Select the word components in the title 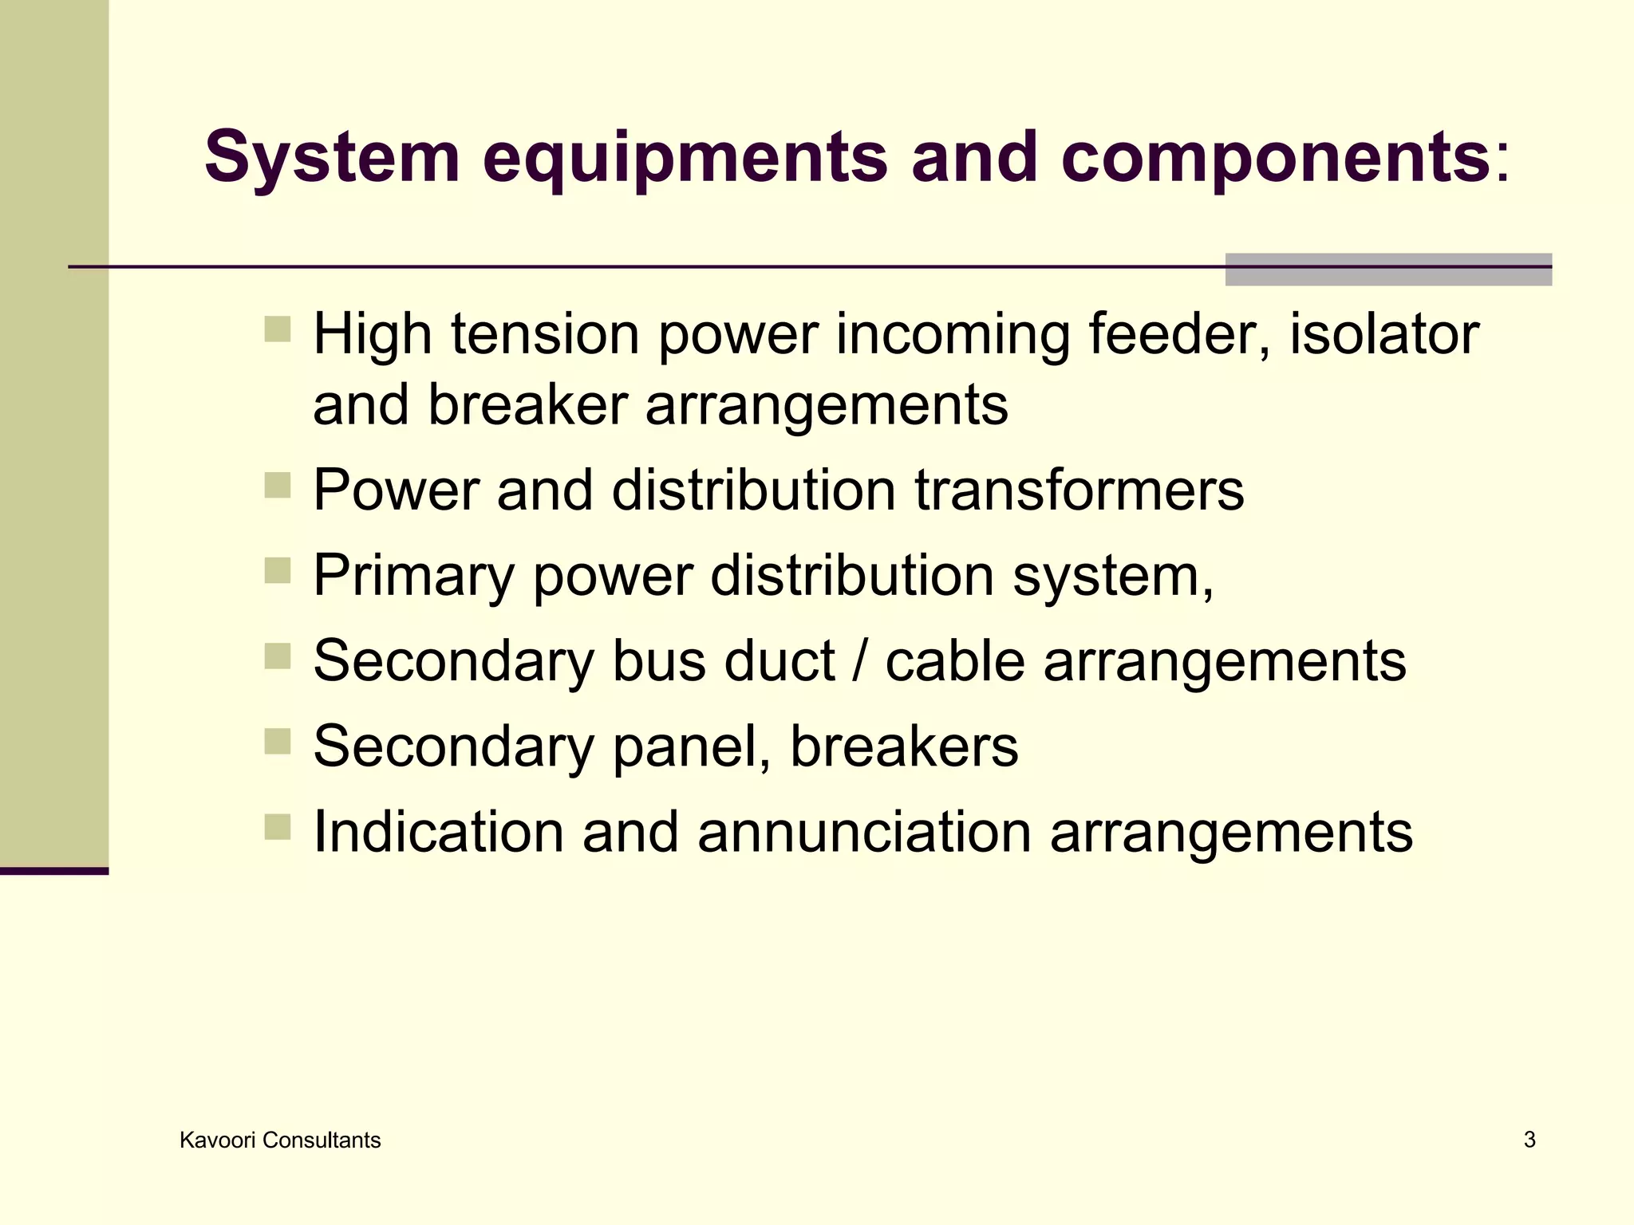[1274, 158]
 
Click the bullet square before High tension [277, 329]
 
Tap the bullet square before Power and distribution [277, 485]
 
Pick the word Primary [413, 576]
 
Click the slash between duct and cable [858, 661]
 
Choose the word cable [955, 661]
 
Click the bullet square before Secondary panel [277, 742]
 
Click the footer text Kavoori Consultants [280, 1140]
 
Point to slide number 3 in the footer [1529, 1140]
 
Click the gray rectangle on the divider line [1388, 270]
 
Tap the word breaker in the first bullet [527, 405]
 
